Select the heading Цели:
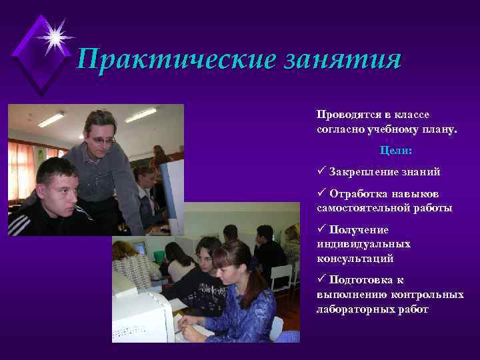[x=396, y=151]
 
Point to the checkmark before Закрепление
[x=321, y=171]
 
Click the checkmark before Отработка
[x=321, y=193]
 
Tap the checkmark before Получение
[x=321, y=229]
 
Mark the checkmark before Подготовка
[x=321, y=279]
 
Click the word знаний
[x=420, y=172]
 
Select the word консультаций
[x=355, y=258]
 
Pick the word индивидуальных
[x=363, y=243]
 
